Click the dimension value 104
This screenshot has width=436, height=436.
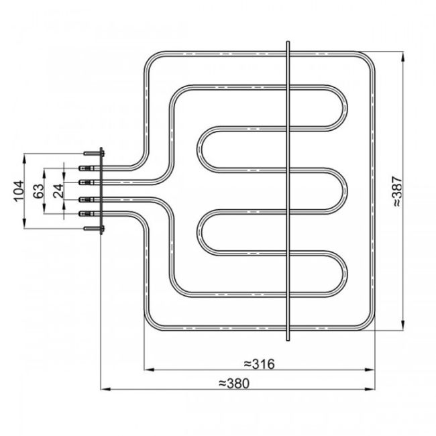pyautogui.click(x=17, y=191)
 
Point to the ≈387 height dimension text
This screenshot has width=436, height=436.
pyautogui.click(x=396, y=191)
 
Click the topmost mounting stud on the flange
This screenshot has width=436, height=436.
pyautogui.click(x=92, y=154)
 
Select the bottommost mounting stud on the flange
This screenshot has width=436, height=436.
pyautogui.click(x=92, y=229)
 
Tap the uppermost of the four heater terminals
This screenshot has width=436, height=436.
pyautogui.click(x=85, y=168)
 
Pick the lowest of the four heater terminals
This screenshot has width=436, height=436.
pyautogui.click(x=85, y=213)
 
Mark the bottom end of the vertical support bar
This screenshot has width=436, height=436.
pyautogui.click(x=288, y=337)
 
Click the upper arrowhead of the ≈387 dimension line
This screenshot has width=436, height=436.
pyautogui.click(x=402, y=55)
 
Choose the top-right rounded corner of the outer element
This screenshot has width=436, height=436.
pyautogui.click(x=364, y=59)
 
